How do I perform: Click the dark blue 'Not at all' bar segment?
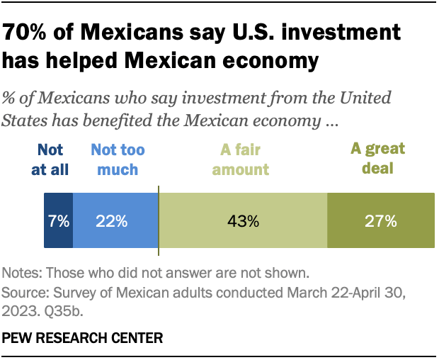click(x=59, y=220)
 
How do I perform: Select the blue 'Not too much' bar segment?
click(x=115, y=220)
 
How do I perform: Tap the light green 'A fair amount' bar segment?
click(x=243, y=220)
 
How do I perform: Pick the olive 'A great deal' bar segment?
click(x=380, y=220)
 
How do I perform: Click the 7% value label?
click(x=59, y=221)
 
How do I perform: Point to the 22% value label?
click(x=113, y=221)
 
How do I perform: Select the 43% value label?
click(x=243, y=221)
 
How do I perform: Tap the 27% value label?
click(x=380, y=221)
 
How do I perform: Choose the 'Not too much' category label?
click(x=114, y=159)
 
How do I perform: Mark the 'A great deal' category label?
click(x=378, y=159)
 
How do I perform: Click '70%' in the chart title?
click(x=27, y=32)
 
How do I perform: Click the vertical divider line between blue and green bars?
click(x=159, y=220)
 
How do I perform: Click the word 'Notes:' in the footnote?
click(x=21, y=272)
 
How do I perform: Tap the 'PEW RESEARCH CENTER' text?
click(x=83, y=338)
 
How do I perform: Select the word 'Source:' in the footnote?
click(x=24, y=291)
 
